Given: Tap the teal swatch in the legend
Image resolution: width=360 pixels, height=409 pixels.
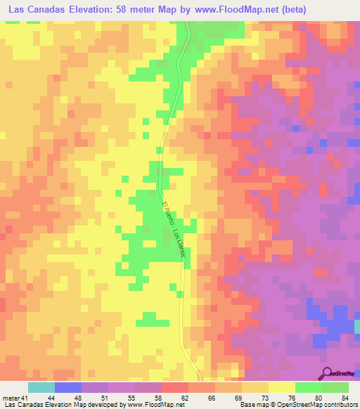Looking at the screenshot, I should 41,387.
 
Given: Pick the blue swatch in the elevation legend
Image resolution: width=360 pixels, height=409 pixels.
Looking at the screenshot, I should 67,387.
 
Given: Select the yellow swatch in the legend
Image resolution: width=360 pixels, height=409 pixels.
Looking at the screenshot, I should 281,387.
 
